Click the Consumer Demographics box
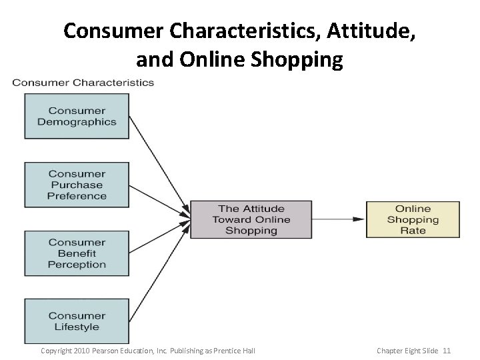pyautogui.click(x=77, y=116)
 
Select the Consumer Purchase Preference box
pyautogui.click(x=77, y=185)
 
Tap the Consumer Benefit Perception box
pyautogui.click(x=77, y=253)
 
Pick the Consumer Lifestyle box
pyautogui.click(x=77, y=321)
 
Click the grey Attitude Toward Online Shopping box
pyautogui.click(x=251, y=219)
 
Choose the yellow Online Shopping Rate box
pyautogui.click(x=413, y=219)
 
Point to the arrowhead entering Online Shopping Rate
pyautogui.click(x=360, y=219)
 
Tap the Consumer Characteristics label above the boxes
pyautogui.click(x=83, y=83)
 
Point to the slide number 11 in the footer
pyautogui.click(x=447, y=350)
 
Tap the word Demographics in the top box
pyautogui.click(x=77, y=122)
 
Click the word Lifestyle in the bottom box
pyautogui.click(x=77, y=327)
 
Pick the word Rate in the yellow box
pyautogui.click(x=413, y=231)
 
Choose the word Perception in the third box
pyautogui.click(x=77, y=264)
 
